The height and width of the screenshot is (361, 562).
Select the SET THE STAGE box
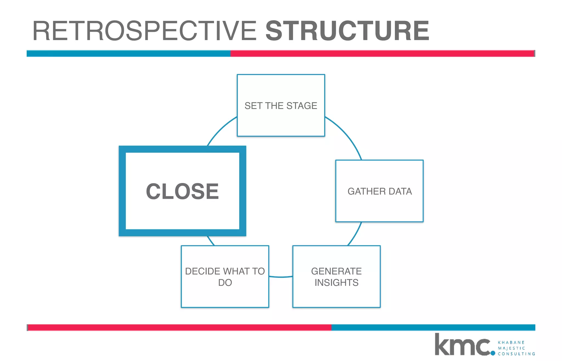pyautogui.click(x=281, y=121)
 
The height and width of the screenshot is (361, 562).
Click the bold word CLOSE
pyautogui.click(x=182, y=191)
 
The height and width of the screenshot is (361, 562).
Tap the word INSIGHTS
pyautogui.click(x=336, y=283)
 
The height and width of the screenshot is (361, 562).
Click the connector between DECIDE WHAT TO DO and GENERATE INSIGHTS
pyautogui.click(x=281, y=277)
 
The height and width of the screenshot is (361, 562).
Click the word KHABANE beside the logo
pyautogui.click(x=511, y=342)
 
